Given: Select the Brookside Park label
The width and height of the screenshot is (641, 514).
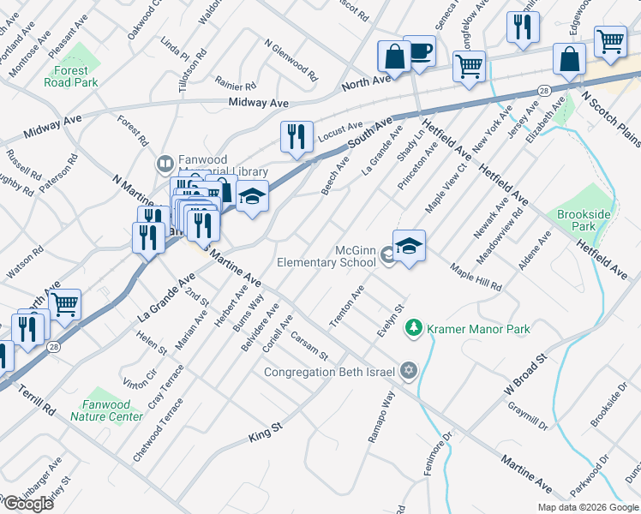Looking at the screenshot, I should [x=576, y=220].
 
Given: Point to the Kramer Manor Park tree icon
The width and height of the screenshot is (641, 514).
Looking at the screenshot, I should [x=414, y=328].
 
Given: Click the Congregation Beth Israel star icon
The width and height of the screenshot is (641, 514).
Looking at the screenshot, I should [x=409, y=371].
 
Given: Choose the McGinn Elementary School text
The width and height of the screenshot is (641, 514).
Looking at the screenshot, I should [x=326, y=256].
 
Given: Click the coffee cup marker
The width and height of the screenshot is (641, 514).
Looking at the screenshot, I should [x=419, y=51].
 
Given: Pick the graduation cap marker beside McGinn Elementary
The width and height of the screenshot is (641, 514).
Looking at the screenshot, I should [x=410, y=246].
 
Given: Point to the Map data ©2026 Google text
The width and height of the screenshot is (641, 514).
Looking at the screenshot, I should [x=587, y=507].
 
